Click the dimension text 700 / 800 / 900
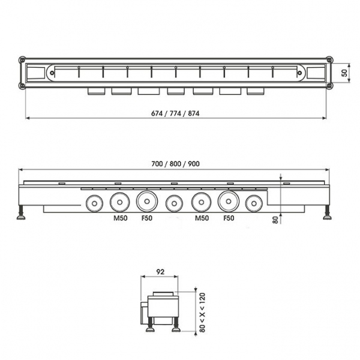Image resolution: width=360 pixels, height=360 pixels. (x=175, y=164)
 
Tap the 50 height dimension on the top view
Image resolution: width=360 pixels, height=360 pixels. (x=344, y=73)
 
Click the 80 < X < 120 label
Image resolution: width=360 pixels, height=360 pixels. (x=202, y=312)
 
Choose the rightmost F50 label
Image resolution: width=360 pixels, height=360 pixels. (x=229, y=219)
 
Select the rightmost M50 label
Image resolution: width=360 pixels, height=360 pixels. (x=202, y=219)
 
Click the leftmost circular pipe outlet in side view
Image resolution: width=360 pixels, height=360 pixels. (x=93, y=203)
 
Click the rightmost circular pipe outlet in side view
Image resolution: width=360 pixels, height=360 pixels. (x=254, y=203)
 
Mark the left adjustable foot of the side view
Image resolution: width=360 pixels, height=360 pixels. (x=22, y=214)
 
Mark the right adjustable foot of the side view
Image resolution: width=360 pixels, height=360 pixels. (x=328, y=214)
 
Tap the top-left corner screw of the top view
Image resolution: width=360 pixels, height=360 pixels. (x=23, y=60)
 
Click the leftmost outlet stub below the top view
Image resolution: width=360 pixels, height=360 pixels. (x=96, y=91)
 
